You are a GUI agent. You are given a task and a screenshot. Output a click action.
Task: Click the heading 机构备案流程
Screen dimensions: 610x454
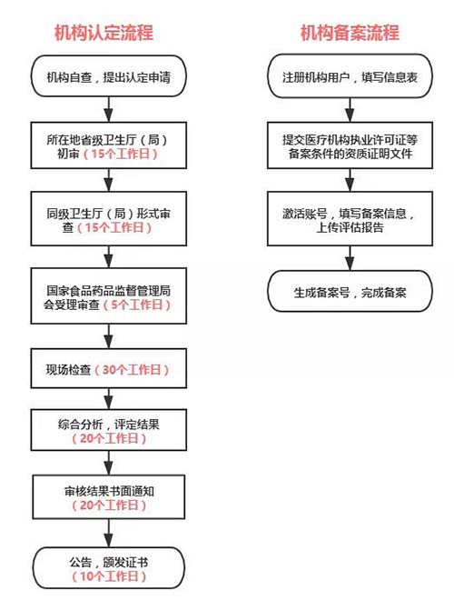click(x=350, y=34)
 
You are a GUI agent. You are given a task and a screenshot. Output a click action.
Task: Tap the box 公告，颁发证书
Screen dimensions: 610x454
click(x=108, y=570)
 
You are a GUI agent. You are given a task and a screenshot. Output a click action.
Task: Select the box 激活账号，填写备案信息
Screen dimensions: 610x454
click(x=349, y=220)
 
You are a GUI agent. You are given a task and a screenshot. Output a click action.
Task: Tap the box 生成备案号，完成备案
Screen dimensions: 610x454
click(x=349, y=295)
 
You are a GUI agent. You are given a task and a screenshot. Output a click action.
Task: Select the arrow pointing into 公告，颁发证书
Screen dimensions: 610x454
click(x=108, y=532)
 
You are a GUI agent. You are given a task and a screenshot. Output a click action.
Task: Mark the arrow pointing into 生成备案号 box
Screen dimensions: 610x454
click(x=349, y=260)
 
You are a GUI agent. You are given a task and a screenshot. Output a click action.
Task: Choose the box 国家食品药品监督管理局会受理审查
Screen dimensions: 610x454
click(x=108, y=297)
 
